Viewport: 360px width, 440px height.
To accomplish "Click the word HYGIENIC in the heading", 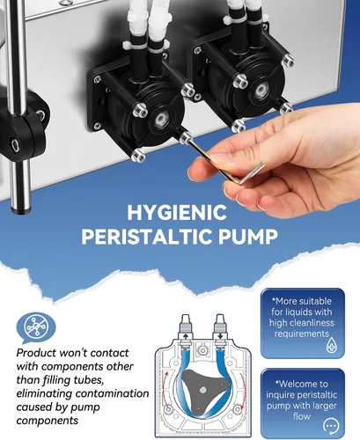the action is [x=177, y=212].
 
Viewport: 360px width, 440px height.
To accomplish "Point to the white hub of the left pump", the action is [x=160, y=119].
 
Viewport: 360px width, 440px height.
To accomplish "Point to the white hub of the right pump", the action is [x=261, y=90].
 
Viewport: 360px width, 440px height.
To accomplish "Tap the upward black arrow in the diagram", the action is [x=185, y=336].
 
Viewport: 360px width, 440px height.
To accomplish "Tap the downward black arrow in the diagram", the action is [x=220, y=336].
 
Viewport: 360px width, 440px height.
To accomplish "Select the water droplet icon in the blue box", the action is [x=332, y=345].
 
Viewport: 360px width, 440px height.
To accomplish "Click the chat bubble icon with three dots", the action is [x=331, y=426].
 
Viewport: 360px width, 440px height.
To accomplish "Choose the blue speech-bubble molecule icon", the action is [x=36, y=327].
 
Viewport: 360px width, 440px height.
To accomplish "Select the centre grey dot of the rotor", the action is [x=202, y=390].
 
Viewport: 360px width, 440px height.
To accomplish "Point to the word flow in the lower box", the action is [x=301, y=416].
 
